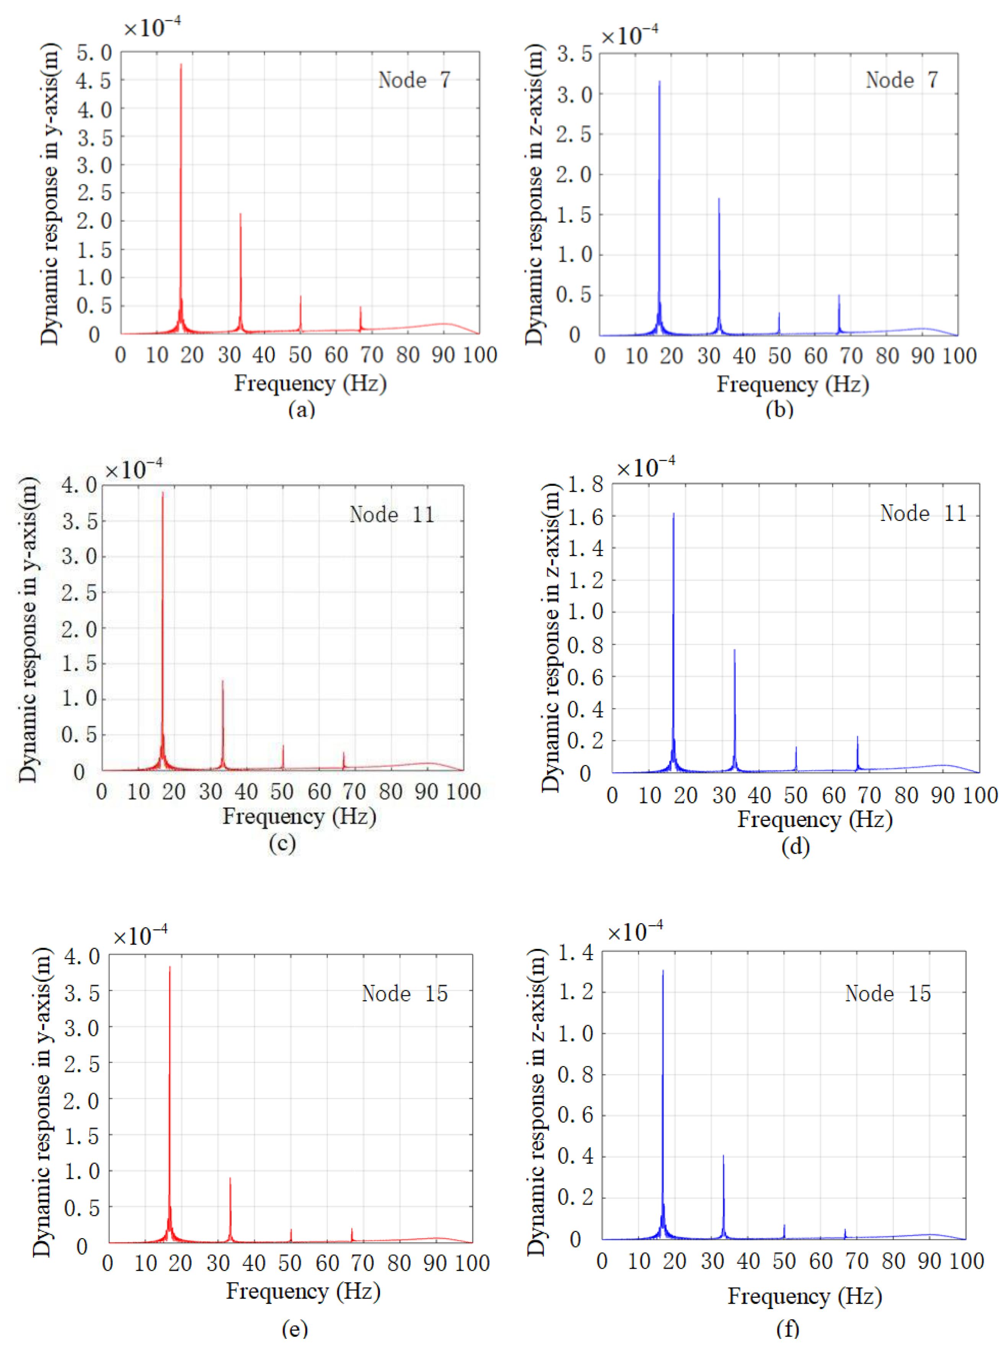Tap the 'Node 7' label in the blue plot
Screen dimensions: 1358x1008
point(901,80)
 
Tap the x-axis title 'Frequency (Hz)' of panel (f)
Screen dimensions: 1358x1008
point(804,1296)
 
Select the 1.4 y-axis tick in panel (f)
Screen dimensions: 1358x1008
point(576,953)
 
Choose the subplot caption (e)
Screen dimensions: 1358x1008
point(295,1329)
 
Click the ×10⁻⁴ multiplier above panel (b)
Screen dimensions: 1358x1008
point(629,35)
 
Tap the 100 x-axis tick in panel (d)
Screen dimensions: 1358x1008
point(980,795)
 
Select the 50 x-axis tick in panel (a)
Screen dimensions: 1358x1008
point(300,355)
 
